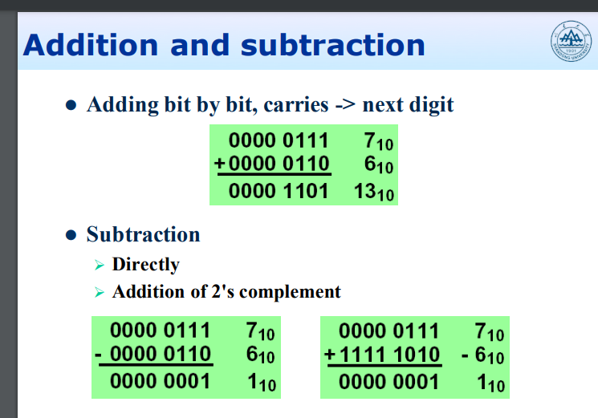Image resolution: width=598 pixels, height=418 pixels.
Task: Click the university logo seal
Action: pos(571,41)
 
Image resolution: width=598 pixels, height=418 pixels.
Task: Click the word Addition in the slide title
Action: pos(91,45)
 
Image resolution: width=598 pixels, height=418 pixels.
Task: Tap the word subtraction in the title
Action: pos(333,45)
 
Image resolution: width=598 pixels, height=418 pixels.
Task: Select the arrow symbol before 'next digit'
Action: pos(345,105)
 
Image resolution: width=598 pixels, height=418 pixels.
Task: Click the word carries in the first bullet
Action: pos(296,105)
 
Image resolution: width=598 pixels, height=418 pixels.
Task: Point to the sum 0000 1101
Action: pos(279,191)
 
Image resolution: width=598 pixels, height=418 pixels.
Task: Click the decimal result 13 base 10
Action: pos(374,192)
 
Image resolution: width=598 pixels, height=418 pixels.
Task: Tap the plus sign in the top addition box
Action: pos(220,164)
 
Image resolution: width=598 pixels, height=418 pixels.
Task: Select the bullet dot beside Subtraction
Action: pos(71,235)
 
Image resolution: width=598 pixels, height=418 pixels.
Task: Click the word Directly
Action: pos(145,265)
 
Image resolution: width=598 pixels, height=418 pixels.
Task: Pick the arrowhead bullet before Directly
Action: pos(100,265)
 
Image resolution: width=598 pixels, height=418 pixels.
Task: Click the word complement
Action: pos(290,292)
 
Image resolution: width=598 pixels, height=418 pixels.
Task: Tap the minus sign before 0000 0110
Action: pos(98,355)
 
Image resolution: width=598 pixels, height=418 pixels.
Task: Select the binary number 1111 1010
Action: pos(389,355)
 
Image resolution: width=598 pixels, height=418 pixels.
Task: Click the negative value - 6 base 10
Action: pos(483,356)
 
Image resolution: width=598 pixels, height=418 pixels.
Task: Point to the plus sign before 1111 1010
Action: pos(330,355)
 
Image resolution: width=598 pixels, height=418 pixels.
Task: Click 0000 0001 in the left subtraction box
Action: pos(161,381)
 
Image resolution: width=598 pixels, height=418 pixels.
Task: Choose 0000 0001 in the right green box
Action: pos(389,382)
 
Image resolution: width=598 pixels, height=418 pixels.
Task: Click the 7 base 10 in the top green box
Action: pos(378,141)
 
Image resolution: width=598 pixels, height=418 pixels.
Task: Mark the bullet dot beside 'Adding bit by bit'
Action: pos(71,105)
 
